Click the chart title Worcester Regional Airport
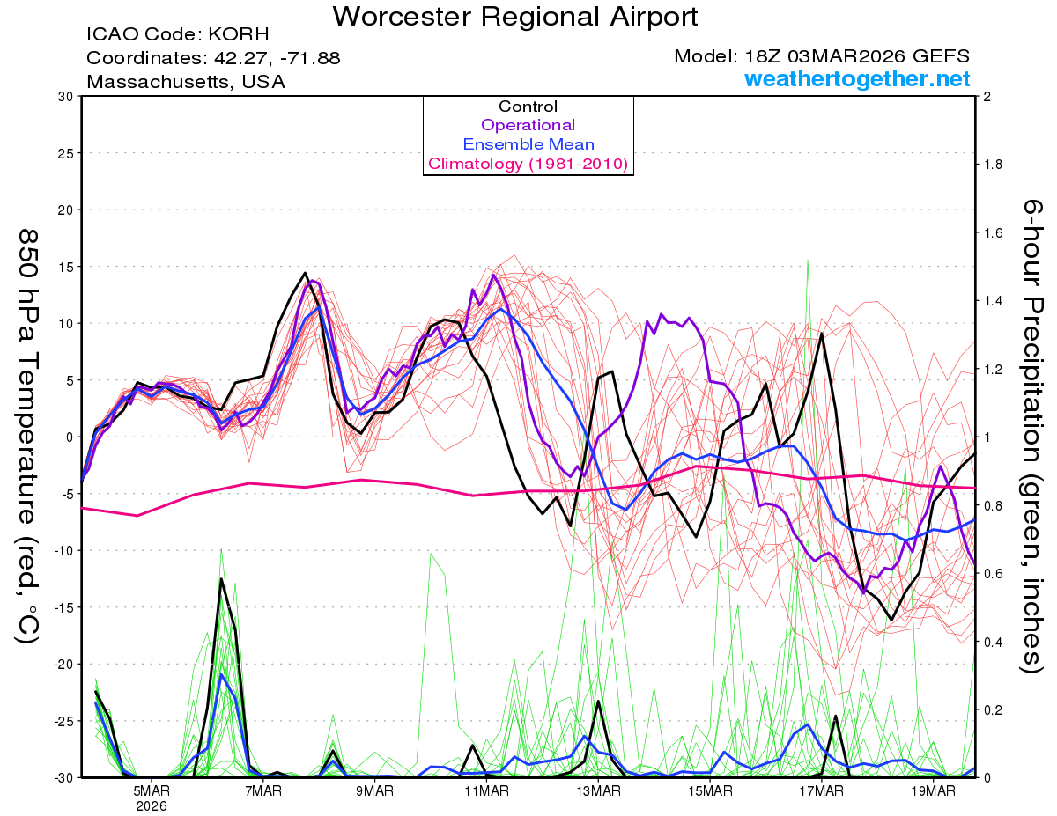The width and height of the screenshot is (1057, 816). pos(515,16)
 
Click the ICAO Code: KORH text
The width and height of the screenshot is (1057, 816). pos(178,35)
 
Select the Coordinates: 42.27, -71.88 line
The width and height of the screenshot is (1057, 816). pos(213,58)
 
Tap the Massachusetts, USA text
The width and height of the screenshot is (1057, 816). pos(186,81)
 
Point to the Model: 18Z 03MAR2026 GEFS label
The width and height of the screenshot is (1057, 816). pos(822,56)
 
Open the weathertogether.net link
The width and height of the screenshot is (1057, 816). pos(857,79)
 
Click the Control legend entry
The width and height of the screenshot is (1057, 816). pos(528,107)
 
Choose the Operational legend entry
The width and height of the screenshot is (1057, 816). pos(528,125)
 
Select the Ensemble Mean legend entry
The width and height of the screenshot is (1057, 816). pos(528,144)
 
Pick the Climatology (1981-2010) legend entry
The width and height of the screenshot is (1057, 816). pos(528,164)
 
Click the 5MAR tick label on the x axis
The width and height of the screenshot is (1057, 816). pos(152,790)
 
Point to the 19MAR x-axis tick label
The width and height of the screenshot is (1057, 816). pos(933,790)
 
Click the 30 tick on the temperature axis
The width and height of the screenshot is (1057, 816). pos(63,97)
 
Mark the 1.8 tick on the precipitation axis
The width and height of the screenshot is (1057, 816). pos(992,165)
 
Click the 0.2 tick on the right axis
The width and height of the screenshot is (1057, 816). pos(992,709)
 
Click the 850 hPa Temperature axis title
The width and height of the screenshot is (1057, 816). pos(28,436)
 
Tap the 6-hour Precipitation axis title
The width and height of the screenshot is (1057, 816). pos(1032,436)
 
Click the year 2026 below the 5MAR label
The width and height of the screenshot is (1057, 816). pos(152,805)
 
